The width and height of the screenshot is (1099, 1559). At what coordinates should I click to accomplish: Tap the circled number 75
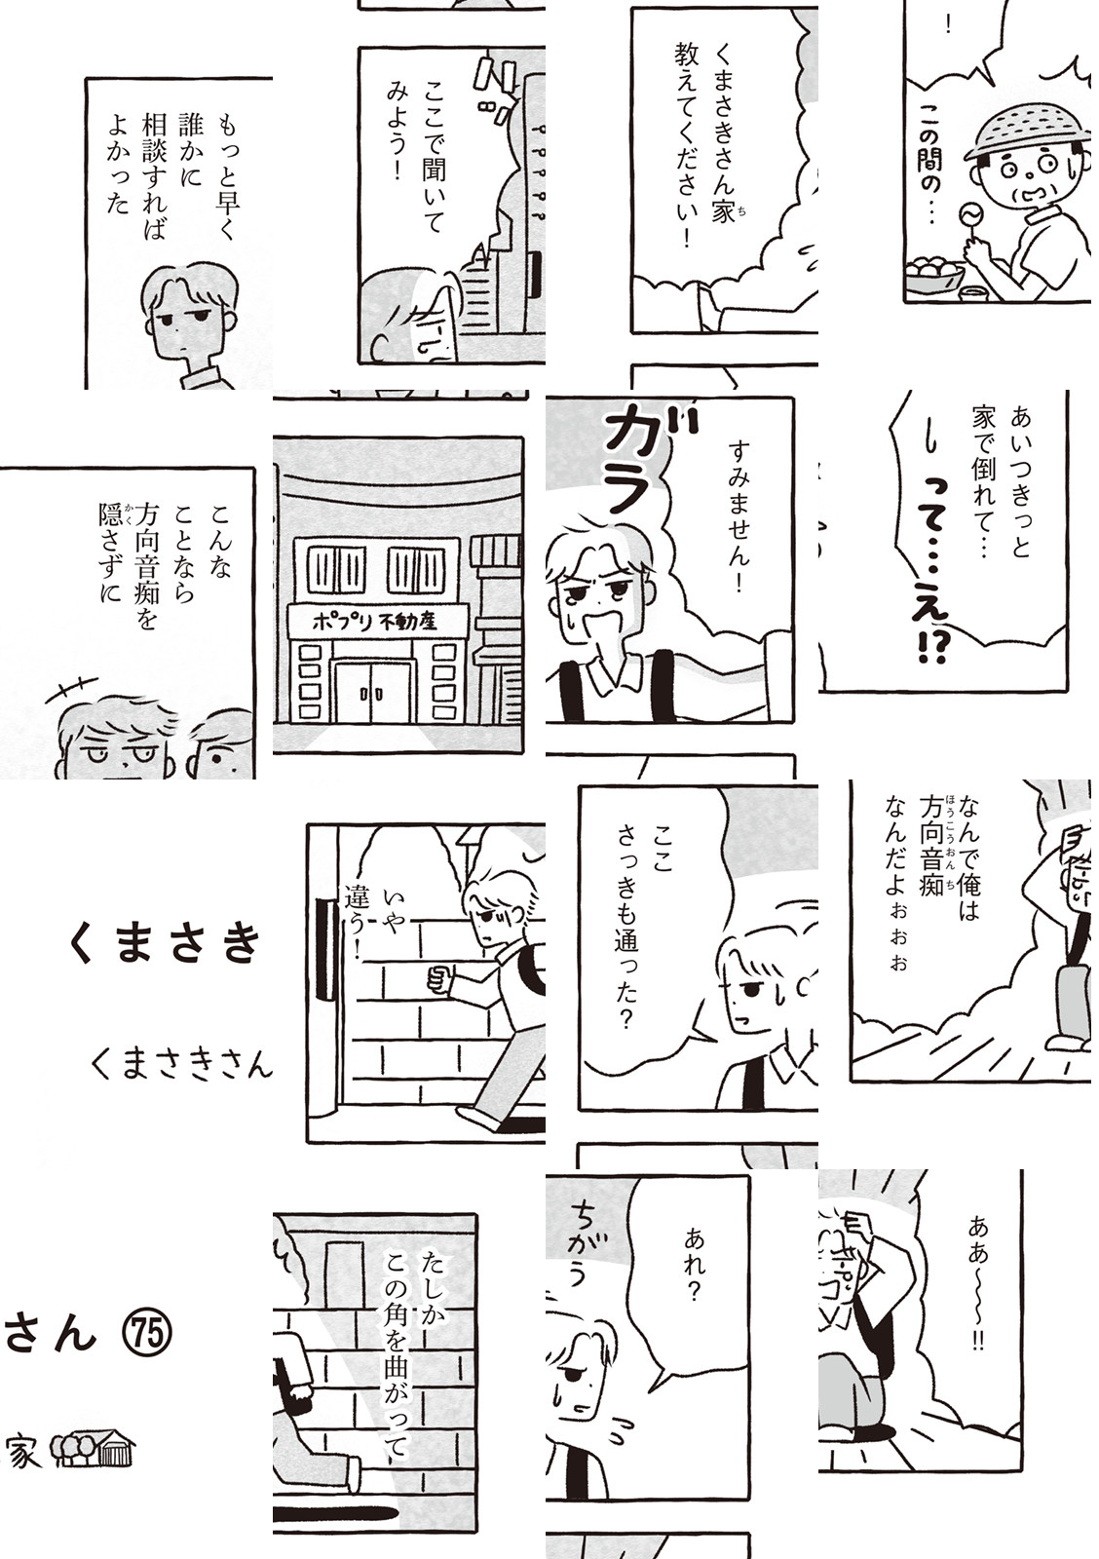click(147, 1334)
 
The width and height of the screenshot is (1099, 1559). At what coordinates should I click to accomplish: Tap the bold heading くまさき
click(166, 944)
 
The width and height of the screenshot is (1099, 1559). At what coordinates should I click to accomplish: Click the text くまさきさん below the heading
click(181, 1066)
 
